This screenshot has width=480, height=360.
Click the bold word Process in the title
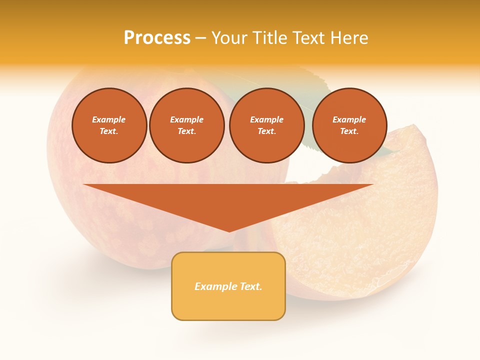pyautogui.click(x=157, y=37)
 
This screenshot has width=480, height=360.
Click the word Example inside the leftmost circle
pyautogui.click(x=109, y=119)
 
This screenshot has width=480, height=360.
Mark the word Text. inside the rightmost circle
pyautogui.click(x=349, y=131)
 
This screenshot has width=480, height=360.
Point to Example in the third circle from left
pyautogui.click(x=266, y=119)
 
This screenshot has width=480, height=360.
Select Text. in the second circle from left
pyautogui.click(x=186, y=131)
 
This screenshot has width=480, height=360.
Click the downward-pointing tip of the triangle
pyautogui.click(x=229, y=230)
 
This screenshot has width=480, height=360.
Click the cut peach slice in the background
pyautogui.click(x=360, y=225)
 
